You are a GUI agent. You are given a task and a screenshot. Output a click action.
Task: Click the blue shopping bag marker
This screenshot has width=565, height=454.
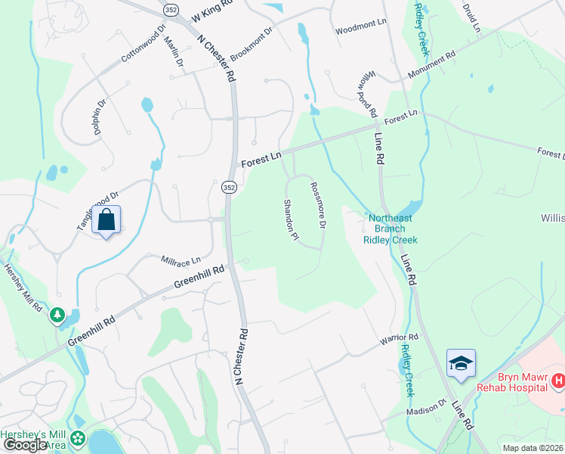(x=107, y=221)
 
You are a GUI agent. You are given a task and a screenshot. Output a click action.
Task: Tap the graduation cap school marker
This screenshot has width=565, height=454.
(x=460, y=364)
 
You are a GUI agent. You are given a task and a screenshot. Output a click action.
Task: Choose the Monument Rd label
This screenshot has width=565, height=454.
(x=433, y=66)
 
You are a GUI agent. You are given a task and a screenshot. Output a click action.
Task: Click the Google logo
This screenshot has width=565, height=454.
(x=24, y=445)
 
